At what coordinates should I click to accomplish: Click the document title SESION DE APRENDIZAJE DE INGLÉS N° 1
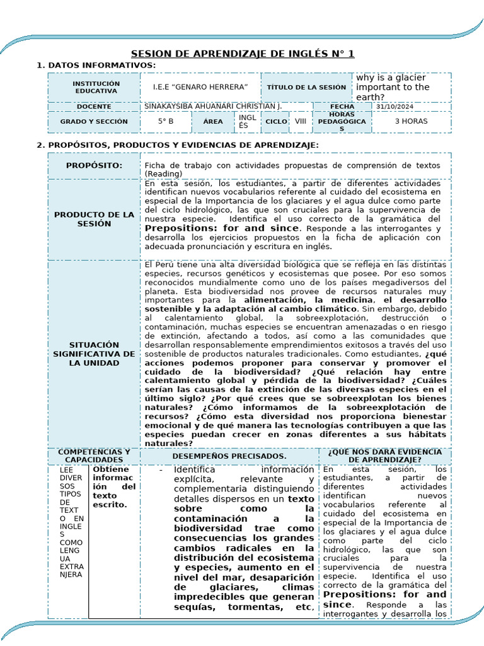243,54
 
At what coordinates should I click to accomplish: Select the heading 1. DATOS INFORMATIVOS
96,66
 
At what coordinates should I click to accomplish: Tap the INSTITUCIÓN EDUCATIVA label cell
96,87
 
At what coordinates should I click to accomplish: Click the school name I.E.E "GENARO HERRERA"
200,87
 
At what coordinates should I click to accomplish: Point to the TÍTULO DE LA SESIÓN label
306,87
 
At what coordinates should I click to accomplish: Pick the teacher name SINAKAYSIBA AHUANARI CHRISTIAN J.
213,107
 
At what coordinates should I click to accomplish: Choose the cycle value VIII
301,121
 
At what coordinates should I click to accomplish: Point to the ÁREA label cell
213,121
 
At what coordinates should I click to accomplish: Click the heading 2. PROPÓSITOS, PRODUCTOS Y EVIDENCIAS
178,145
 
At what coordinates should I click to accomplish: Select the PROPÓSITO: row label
95,165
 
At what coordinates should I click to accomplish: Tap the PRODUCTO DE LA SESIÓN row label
95,219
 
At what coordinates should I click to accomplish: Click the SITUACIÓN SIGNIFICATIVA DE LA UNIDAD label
95,354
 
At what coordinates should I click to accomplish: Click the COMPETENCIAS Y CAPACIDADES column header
95,455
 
